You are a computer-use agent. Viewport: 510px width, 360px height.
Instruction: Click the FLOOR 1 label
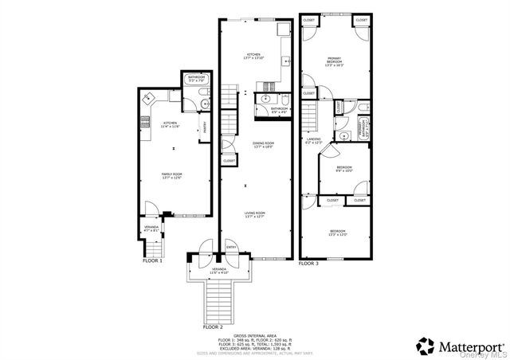tap(152, 260)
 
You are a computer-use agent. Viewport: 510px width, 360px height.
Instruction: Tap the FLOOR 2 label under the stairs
tap(213, 327)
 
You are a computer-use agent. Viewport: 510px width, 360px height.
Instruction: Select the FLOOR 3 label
tap(308, 263)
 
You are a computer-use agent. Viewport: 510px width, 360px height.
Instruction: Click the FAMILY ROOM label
tap(172, 175)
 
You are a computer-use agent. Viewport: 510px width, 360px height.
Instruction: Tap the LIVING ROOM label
tap(254, 214)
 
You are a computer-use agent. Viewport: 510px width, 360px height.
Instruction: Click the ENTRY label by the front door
tap(231, 247)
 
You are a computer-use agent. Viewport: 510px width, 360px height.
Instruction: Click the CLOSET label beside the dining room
tap(229, 161)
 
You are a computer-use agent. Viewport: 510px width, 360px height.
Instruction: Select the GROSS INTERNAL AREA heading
tap(256, 336)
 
